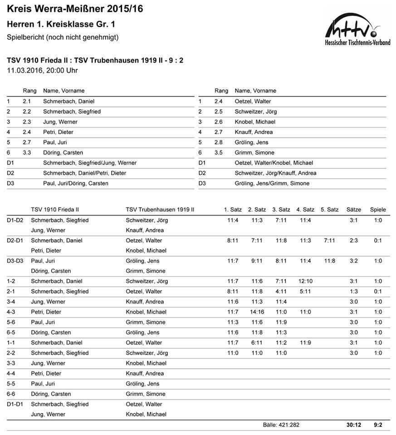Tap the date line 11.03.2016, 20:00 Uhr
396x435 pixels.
[43, 70]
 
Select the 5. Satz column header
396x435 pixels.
[329, 209]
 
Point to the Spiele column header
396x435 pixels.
[378, 209]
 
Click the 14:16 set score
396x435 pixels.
[257, 312]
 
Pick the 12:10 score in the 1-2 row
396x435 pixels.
[305, 281]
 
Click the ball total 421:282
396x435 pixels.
[281, 425]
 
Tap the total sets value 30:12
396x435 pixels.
[354, 425]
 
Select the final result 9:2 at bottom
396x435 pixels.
[378, 425]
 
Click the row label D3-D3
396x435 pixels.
[15, 261]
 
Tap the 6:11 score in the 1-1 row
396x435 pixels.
[257, 343]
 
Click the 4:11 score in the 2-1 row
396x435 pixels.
[281, 291]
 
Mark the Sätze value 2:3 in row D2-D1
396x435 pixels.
[354, 240]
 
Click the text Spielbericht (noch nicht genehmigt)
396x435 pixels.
[63, 37]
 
